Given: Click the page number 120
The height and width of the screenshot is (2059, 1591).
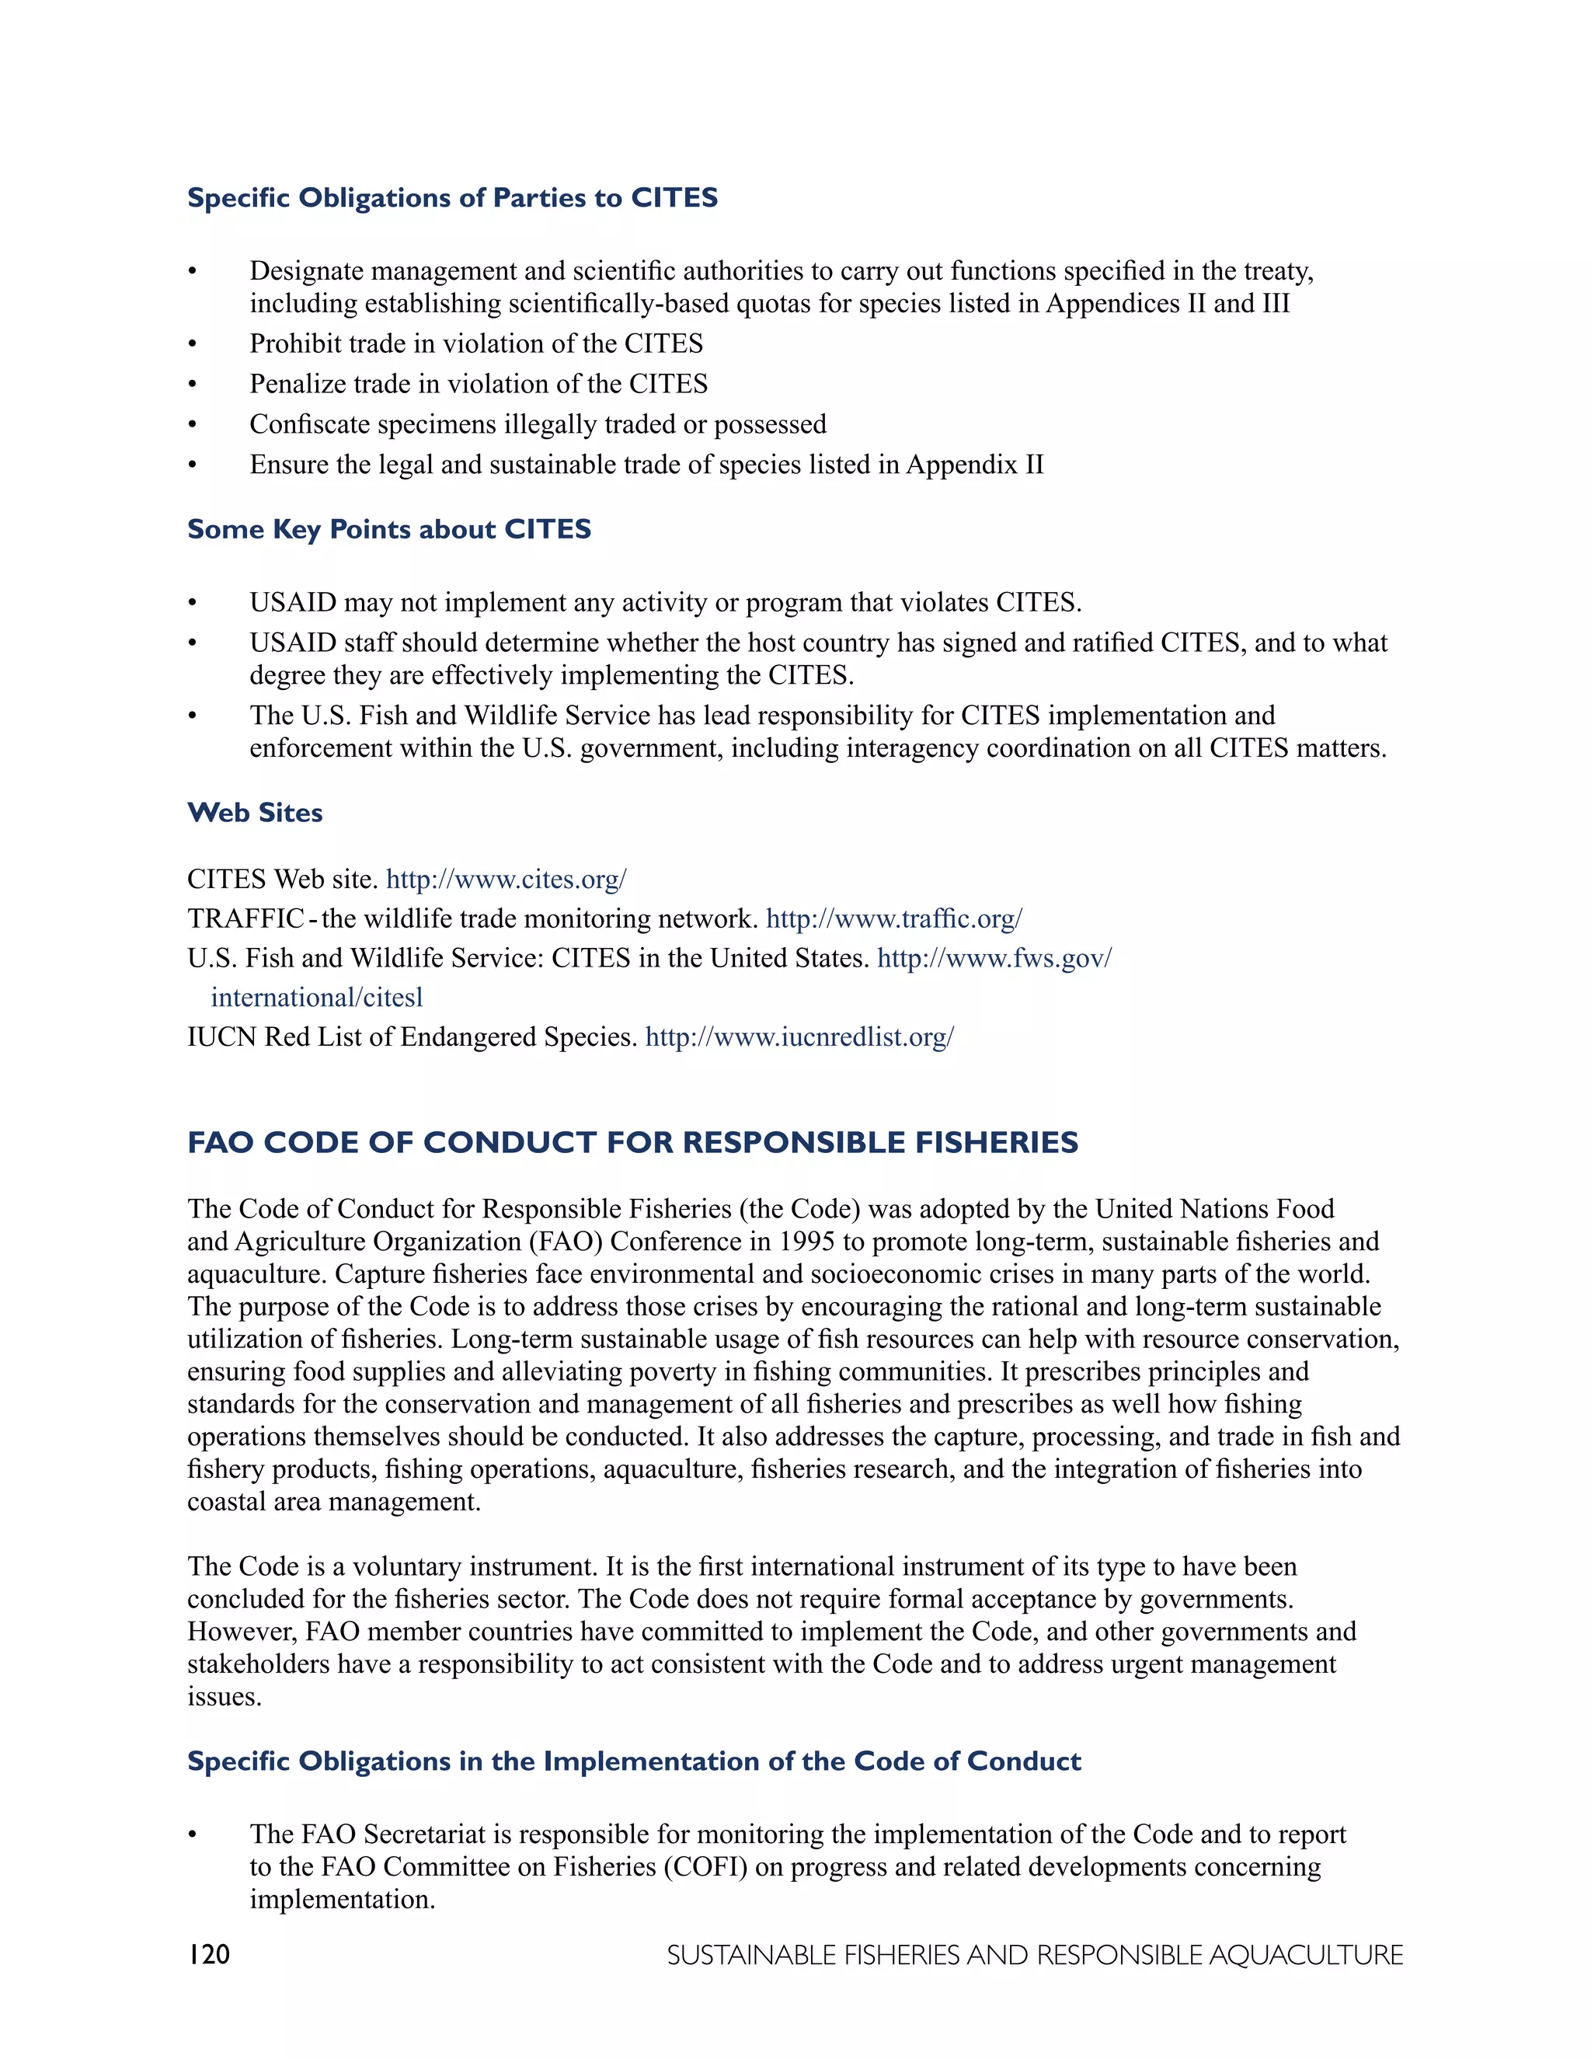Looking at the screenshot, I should [208, 1954].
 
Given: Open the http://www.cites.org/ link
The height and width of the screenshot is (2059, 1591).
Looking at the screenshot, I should [507, 880].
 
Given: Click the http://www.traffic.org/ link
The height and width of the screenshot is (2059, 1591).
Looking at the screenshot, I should [893, 919].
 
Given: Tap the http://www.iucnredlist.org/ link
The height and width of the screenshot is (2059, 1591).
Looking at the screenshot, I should [799, 1037].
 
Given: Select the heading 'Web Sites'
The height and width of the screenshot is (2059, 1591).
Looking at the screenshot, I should [255, 813].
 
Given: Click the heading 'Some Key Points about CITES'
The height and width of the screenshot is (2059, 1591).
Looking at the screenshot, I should [389, 529].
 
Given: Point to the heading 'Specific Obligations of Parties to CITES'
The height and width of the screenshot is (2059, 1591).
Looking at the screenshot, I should [452, 198].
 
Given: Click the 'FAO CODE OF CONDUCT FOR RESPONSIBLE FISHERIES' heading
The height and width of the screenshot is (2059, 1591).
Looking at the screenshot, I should [632, 1143].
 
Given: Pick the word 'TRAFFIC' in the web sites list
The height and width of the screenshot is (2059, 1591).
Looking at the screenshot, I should [245, 919].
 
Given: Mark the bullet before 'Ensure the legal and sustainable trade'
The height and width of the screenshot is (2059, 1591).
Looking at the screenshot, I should [193, 465].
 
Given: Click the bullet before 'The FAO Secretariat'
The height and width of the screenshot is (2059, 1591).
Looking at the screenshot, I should [193, 1834].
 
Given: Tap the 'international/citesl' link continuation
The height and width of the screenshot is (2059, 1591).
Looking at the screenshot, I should [317, 998].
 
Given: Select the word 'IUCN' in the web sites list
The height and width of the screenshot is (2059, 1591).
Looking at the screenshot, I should [221, 1037].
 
